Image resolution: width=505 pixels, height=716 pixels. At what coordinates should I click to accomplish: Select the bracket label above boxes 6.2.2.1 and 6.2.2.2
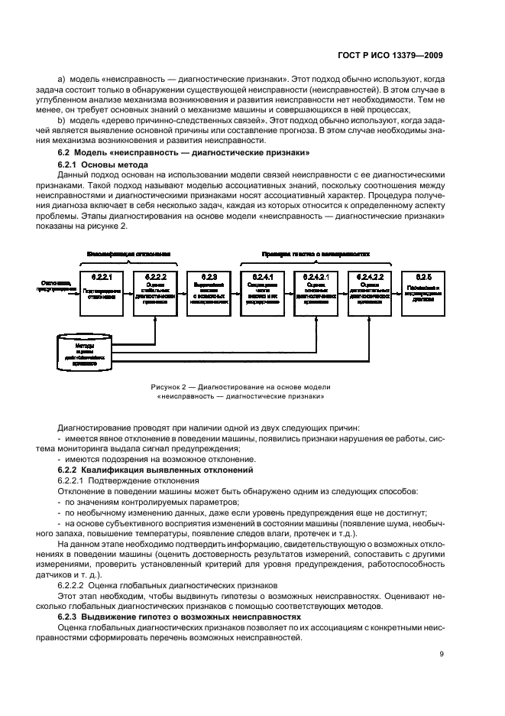[128, 252]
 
